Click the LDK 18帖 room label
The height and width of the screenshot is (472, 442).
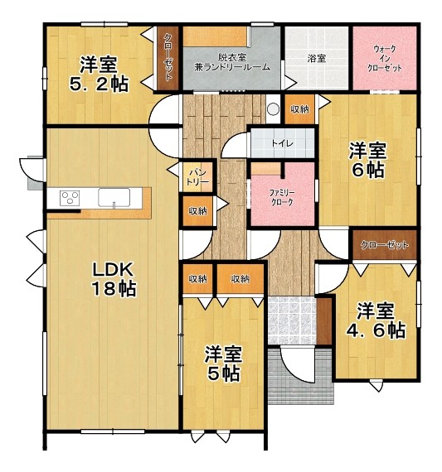(x=114, y=279)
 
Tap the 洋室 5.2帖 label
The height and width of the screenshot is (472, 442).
(x=100, y=74)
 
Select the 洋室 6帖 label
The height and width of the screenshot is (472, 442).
(x=367, y=160)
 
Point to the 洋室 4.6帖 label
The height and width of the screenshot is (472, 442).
(x=376, y=321)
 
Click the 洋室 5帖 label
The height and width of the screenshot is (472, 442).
(x=223, y=364)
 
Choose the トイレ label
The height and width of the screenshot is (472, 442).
(x=282, y=143)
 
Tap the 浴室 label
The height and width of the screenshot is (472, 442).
(x=316, y=58)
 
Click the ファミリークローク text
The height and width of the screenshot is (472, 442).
(x=282, y=197)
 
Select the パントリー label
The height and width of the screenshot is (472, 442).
(x=197, y=177)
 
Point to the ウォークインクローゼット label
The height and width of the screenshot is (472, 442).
(x=385, y=59)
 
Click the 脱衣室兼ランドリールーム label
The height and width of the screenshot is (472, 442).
(x=232, y=62)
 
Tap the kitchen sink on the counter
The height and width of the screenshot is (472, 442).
(x=114, y=198)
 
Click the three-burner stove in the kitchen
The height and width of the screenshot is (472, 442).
(x=70, y=198)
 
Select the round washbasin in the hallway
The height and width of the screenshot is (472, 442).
(x=274, y=108)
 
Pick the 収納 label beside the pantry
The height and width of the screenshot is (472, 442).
(x=198, y=211)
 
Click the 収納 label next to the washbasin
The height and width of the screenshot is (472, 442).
(x=299, y=109)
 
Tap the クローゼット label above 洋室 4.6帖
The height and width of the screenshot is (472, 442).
(x=385, y=245)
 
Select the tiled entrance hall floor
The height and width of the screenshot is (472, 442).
(x=292, y=321)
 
